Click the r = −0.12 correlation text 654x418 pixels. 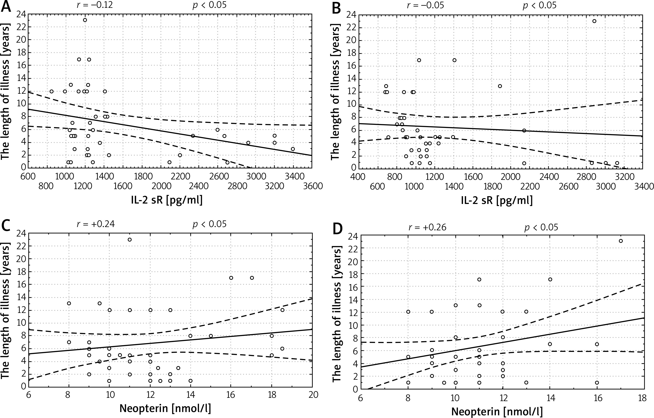coord(95,5)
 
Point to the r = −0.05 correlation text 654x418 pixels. coord(425,5)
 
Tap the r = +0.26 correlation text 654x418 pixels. coord(427,227)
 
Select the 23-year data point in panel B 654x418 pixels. coord(594,21)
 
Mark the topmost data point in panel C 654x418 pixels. coord(130,240)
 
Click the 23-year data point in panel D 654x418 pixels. coord(621,241)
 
